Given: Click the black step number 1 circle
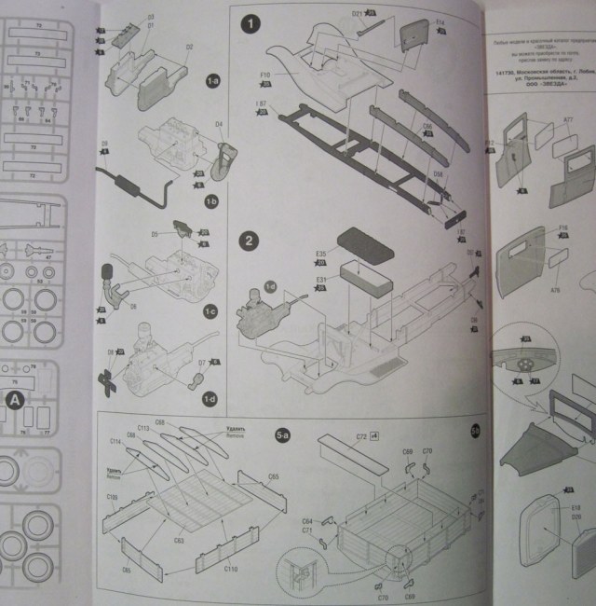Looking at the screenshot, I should tap(250, 25).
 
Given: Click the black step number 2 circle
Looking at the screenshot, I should tap(250, 241).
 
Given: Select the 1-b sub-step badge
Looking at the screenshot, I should tap(211, 200).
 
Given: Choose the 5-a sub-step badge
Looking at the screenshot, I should tap(282, 434).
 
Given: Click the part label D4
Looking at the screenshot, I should tap(220, 123).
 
